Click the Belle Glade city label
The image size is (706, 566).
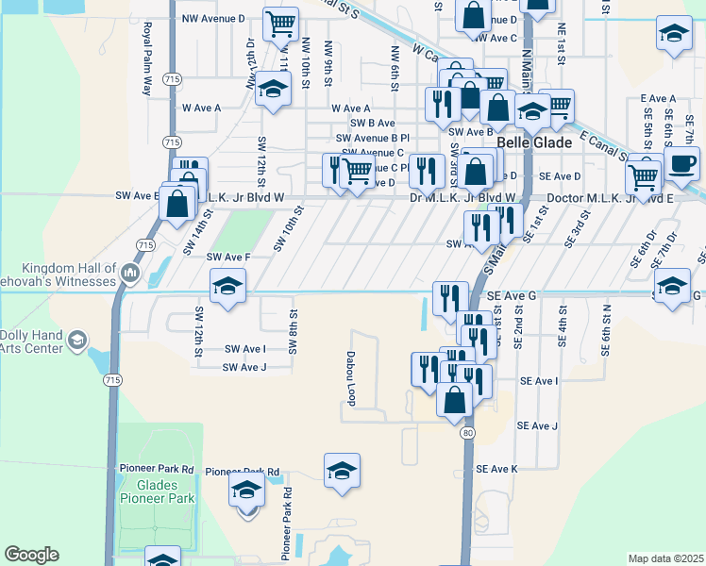click(534, 142)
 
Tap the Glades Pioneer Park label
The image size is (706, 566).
click(158, 491)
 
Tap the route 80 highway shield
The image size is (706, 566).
click(468, 433)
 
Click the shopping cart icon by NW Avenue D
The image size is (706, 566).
click(280, 24)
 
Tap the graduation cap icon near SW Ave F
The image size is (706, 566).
click(227, 286)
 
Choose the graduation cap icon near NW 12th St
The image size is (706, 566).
click(272, 91)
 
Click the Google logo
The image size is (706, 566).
click(31, 555)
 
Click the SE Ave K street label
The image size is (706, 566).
click(497, 469)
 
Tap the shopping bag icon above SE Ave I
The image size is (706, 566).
click(455, 398)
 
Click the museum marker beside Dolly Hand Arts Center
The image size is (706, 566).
click(77, 340)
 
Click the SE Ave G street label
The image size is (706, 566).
click(512, 295)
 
